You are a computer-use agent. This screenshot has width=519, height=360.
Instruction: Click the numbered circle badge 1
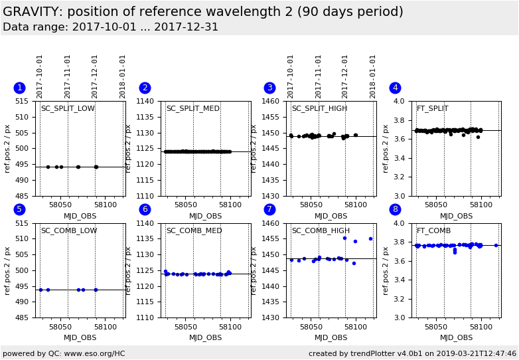click(x=19, y=88)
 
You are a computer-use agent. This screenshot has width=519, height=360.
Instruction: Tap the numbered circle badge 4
click(x=395, y=88)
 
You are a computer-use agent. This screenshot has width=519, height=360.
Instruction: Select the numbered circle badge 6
click(x=145, y=209)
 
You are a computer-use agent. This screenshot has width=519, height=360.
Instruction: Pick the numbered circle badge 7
click(x=269, y=209)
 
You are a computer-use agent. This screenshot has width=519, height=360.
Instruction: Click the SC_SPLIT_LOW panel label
click(x=68, y=109)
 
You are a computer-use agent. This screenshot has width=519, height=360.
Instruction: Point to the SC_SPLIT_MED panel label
click(x=192, y=109)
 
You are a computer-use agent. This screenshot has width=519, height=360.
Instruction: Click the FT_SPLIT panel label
click(x=432, y=109)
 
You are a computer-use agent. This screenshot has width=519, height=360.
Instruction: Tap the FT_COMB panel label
click(x=433, y=231)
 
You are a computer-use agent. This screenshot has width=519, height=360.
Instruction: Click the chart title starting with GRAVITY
click(x=202, y=12)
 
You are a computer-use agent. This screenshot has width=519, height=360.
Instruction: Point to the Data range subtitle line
click(x=110, y=27)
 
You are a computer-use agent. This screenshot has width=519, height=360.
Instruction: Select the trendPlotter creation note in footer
click(x=412, y=354)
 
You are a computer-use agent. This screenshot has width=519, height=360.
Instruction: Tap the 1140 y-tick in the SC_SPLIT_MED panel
click(x=148, y=102)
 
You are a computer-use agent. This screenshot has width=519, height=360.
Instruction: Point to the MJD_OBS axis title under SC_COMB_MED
click(x=205, y=338)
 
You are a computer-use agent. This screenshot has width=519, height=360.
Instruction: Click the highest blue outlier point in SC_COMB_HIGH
click(x=344, y=238)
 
